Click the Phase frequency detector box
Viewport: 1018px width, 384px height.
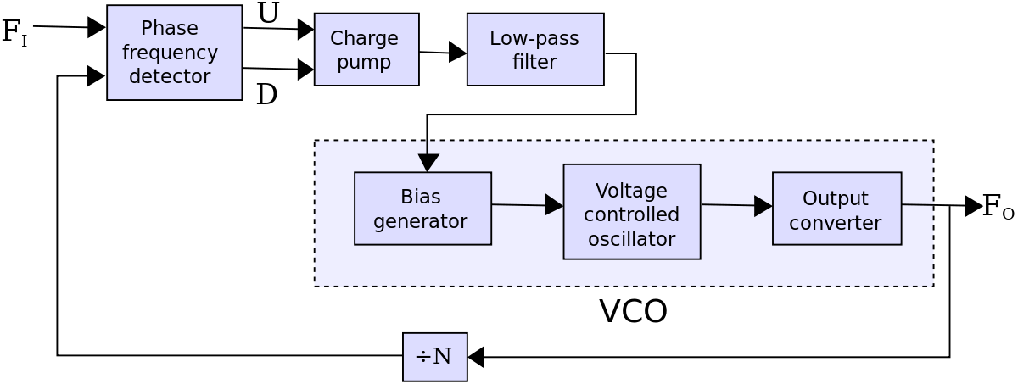(x=174, y=53)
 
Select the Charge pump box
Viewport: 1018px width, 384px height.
(x=366, y=49)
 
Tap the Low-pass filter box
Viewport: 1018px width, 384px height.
(x=535, y=49)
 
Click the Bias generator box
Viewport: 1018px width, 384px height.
(x=422, y=209)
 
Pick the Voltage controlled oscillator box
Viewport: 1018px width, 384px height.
(x=632, y=212)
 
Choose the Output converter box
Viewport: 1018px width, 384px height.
(x=836, y=209)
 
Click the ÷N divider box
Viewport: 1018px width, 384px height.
(x=434, y=357)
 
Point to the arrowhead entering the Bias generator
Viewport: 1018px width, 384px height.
(x=428, y=163)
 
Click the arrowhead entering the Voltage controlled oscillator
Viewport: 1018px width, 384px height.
(x=554, y=204)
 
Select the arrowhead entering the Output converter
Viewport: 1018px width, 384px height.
(x=763, y=206)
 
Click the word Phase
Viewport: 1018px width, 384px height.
(x=169, y=28)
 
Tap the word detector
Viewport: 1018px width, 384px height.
(x=170, y=76)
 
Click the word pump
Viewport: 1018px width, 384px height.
(x=364, y=62)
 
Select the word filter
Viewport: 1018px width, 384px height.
(x=534, y=62)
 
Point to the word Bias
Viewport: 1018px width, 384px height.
(x=421, y=197)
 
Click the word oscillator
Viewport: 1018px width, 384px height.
(x=632, y=239)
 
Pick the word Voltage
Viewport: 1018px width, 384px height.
(x=632, y=190)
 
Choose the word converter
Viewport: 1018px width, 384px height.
(x=836, y=223)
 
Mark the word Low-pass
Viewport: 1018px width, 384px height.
(x=534, y=38)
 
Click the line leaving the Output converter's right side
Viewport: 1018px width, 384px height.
(x=918, y=204)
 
